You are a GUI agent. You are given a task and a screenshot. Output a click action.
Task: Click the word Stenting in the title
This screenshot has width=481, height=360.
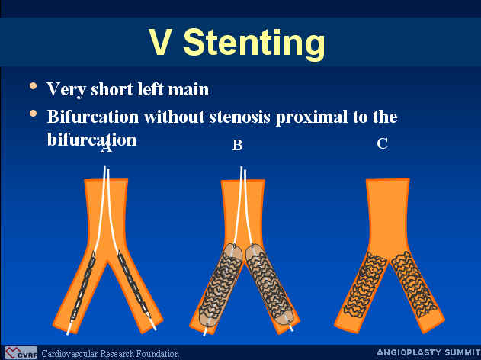coord(254,43)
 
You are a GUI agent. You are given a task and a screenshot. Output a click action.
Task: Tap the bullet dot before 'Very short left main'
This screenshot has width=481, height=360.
coord(33,86)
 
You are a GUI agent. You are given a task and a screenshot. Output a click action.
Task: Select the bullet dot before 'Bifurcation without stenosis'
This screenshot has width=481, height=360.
coord(33,114)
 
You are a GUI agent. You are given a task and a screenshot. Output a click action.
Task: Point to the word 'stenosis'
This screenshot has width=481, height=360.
coord(240,117)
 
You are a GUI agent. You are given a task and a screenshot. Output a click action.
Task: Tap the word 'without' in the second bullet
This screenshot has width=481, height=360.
coord(174,117)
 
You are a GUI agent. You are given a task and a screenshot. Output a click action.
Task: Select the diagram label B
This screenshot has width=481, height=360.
coord(237,145)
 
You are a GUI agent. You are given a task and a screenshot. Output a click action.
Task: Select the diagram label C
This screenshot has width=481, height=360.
coord(383,143)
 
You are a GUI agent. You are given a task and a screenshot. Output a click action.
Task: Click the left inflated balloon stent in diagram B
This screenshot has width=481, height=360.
coord(220,284)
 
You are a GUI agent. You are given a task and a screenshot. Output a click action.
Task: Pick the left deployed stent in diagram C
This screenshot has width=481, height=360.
coord(365,284)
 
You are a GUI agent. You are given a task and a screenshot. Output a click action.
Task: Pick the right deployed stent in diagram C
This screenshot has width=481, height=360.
coord(414,284)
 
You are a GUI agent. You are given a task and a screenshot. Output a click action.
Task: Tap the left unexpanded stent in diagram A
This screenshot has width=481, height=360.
coord(83,285)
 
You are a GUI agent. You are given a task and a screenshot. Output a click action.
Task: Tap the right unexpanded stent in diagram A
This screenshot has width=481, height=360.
coord(133,284)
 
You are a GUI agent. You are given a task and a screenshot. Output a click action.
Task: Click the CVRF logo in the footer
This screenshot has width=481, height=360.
coord(21,353)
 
